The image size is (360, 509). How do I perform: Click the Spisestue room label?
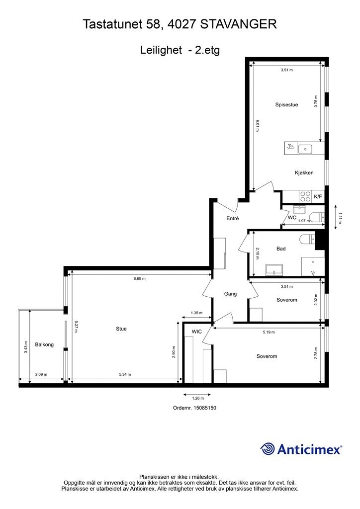(286, 105)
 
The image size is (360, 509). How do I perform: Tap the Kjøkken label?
(304, 172)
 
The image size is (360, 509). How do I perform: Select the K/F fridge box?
(318, 197)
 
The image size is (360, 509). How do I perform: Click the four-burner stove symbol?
(305, 197)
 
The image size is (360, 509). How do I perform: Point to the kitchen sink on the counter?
(305, 149)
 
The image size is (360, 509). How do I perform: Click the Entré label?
(232, 219)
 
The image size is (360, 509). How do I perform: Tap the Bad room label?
(281, 249)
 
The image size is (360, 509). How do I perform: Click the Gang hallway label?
(230, 294)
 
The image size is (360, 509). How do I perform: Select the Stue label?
(121, 329)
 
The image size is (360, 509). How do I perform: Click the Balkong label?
(44, 344)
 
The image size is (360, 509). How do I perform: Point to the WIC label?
(197, 332)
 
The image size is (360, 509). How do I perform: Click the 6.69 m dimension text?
(140, 278)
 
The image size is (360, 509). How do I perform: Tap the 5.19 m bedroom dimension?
(269, 332)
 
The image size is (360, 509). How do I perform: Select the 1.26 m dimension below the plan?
(198, 398)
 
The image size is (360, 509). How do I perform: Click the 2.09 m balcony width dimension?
(41, 374)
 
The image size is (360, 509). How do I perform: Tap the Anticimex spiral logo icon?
(268, 449)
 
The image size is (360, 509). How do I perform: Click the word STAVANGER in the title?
(239, 24)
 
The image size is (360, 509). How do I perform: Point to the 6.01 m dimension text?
(258, 126)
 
